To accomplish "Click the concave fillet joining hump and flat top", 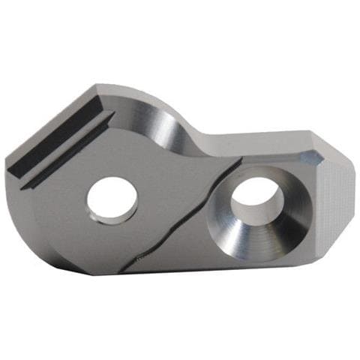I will [191, 131].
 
